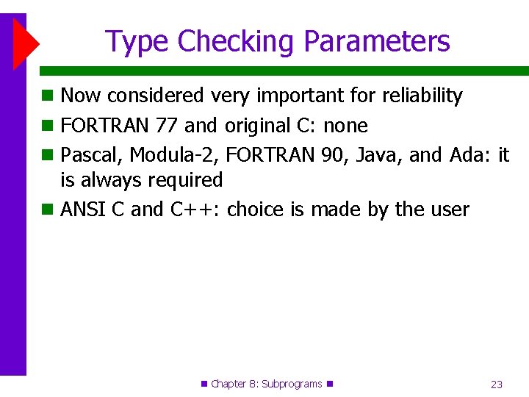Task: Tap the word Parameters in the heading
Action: pos(377,42)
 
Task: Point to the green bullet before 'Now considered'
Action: pos(47,96)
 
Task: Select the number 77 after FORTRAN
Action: pos(167,126)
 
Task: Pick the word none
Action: pos(345,126)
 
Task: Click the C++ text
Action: pos(195,210)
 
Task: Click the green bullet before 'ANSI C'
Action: pos(47,210)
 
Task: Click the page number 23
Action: pos(497,384)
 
